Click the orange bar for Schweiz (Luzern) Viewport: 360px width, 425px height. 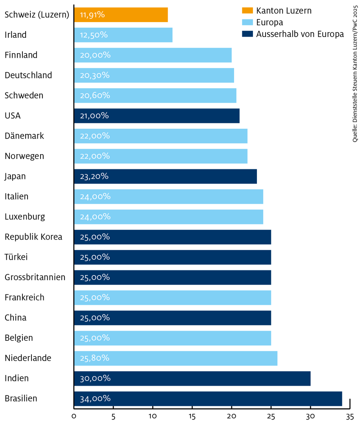tap(121, 15)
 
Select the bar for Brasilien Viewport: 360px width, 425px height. tap(208, 399)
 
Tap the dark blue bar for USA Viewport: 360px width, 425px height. tap(157, 116)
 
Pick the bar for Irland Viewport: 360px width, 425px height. tap(123, 35)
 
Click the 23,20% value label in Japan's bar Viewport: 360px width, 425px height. tap(94, 176)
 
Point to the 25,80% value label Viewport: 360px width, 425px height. tap(94, 358)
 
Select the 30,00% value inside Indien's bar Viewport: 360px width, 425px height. tap(95, 378)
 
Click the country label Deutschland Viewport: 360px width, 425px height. tap(28, 75)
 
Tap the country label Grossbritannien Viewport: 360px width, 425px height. tap(35, 277)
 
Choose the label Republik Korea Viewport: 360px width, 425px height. tap(33, 237)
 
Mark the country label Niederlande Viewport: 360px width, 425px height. tap(28, 358)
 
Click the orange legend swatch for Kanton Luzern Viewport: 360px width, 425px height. tap(247, 10)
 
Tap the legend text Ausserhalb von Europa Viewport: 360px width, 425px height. tap(300, 34)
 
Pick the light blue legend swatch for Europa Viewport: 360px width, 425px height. tap(247, 22)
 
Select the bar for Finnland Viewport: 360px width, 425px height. tap(153, 55)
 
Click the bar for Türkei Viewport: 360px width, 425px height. tap(172, 257)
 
